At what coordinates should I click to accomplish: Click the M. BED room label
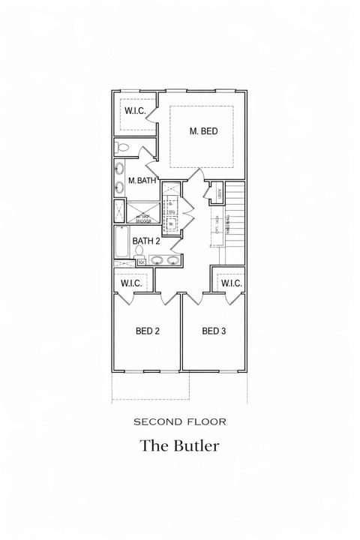[x=203, y=131]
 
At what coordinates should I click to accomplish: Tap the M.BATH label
[x=141, y=181]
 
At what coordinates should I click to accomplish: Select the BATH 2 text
[x=146, y=241]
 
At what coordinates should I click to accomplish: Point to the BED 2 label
[x=147, y=331]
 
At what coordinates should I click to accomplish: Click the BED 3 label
[x=214, y=331]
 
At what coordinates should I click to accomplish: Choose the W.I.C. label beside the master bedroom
[x=135, y=111]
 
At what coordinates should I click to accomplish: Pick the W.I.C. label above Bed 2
[x=132, y=283]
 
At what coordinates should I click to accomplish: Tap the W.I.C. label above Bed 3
[x=230, y=283]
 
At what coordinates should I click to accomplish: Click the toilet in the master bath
[x=124, y=147]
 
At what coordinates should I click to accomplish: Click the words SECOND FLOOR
[x=180, y=422]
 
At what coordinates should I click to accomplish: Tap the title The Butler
[x=180, y=445]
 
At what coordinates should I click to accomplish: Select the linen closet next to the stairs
[x=217, y=193]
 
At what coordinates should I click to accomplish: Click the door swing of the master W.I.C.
[x=152, y=113]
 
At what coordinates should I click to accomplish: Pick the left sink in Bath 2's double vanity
[x=157, y=261]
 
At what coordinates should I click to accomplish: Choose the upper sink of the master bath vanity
[x=120, y=169]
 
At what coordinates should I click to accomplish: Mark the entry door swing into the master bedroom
[x=196, y=175]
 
